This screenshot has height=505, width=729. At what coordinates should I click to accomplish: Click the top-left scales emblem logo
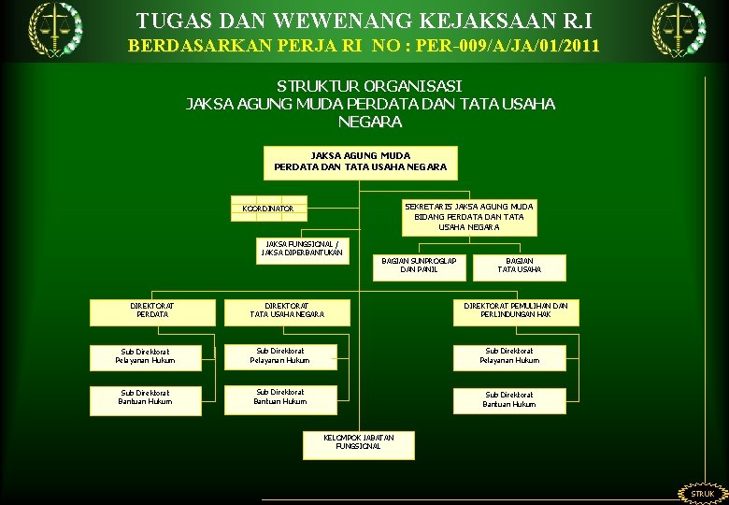pos(54,28)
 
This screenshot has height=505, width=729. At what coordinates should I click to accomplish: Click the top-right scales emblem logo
pos(679,28)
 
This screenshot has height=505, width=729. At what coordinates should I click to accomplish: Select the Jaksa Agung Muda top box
pos(360,162)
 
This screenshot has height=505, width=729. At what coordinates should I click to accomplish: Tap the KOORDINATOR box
pos(269,208)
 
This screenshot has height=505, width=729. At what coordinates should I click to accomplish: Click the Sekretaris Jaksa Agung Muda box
pos(468,216)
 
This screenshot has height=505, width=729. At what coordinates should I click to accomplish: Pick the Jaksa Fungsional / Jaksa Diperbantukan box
pos(302,248)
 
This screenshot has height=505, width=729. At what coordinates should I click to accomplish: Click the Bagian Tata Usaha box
pos(519,266)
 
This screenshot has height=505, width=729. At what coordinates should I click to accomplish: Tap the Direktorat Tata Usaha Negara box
pos(287,310)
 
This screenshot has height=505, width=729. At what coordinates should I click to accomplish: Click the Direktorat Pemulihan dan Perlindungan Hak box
pos(516,310)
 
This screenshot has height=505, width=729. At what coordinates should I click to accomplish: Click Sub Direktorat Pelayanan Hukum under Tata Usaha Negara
pos(280,356)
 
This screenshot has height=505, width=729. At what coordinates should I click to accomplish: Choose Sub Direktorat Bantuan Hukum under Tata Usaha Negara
pos(280,397)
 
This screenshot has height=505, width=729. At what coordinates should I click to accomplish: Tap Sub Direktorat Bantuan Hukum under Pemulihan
pos(509,399)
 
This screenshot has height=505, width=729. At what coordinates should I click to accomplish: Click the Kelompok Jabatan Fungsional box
pos(359,442)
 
